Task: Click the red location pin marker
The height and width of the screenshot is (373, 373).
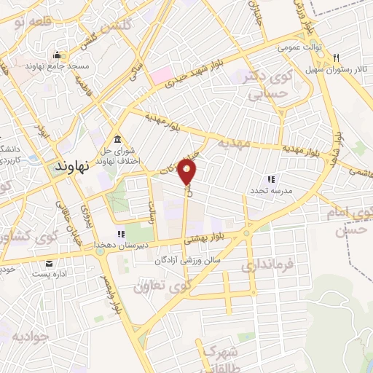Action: pos(188,172)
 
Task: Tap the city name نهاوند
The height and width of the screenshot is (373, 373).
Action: pos(71,166)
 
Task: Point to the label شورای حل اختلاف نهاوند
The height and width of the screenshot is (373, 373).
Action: pos(118,157)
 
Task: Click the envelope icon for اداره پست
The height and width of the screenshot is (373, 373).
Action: pos(48,264)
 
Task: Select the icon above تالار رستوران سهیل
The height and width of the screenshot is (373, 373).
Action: pos(336,58)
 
